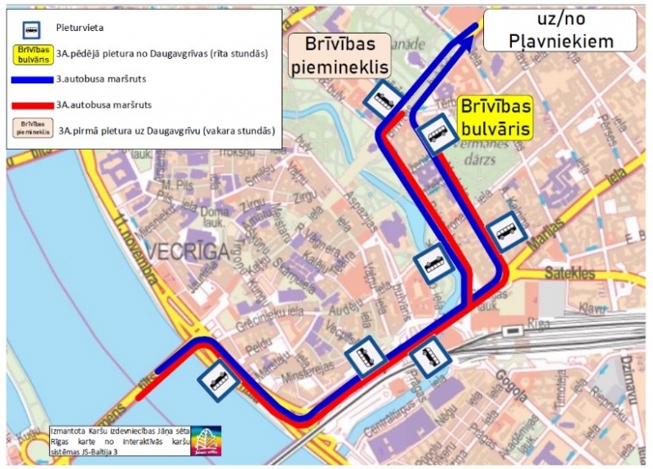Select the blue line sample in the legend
tap(31, 80)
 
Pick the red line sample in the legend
tap(31, 105)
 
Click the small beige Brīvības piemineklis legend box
tap(29, 129)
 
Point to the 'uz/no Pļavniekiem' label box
tap(560, 30)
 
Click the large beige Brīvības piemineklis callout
tap(340, 56)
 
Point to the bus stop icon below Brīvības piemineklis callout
tap(382, 100)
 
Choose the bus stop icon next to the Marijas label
tap(506, 234)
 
